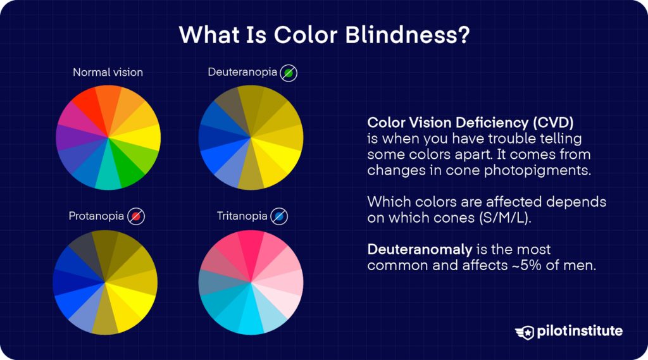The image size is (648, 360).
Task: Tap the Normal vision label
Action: click(108, 72)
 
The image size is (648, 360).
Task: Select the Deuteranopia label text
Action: click(242, 72)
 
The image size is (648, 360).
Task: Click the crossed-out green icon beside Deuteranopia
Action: click(289, 73)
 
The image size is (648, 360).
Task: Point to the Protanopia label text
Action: click(96, 216)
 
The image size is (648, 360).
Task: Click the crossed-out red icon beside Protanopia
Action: click(136, 217)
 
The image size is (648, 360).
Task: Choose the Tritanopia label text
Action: click(242, 216)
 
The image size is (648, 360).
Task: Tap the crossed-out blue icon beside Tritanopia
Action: click(279, 217)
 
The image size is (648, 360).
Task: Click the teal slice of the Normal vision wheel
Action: click(108, 179)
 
